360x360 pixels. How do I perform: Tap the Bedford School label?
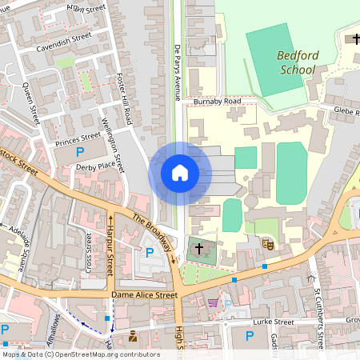click(298, 62)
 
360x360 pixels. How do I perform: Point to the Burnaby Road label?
click(217, 102)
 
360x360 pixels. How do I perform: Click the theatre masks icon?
click(269, 245)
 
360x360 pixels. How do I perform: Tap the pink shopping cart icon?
click(213, 303)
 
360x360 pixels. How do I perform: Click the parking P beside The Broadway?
click(150, 253)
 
